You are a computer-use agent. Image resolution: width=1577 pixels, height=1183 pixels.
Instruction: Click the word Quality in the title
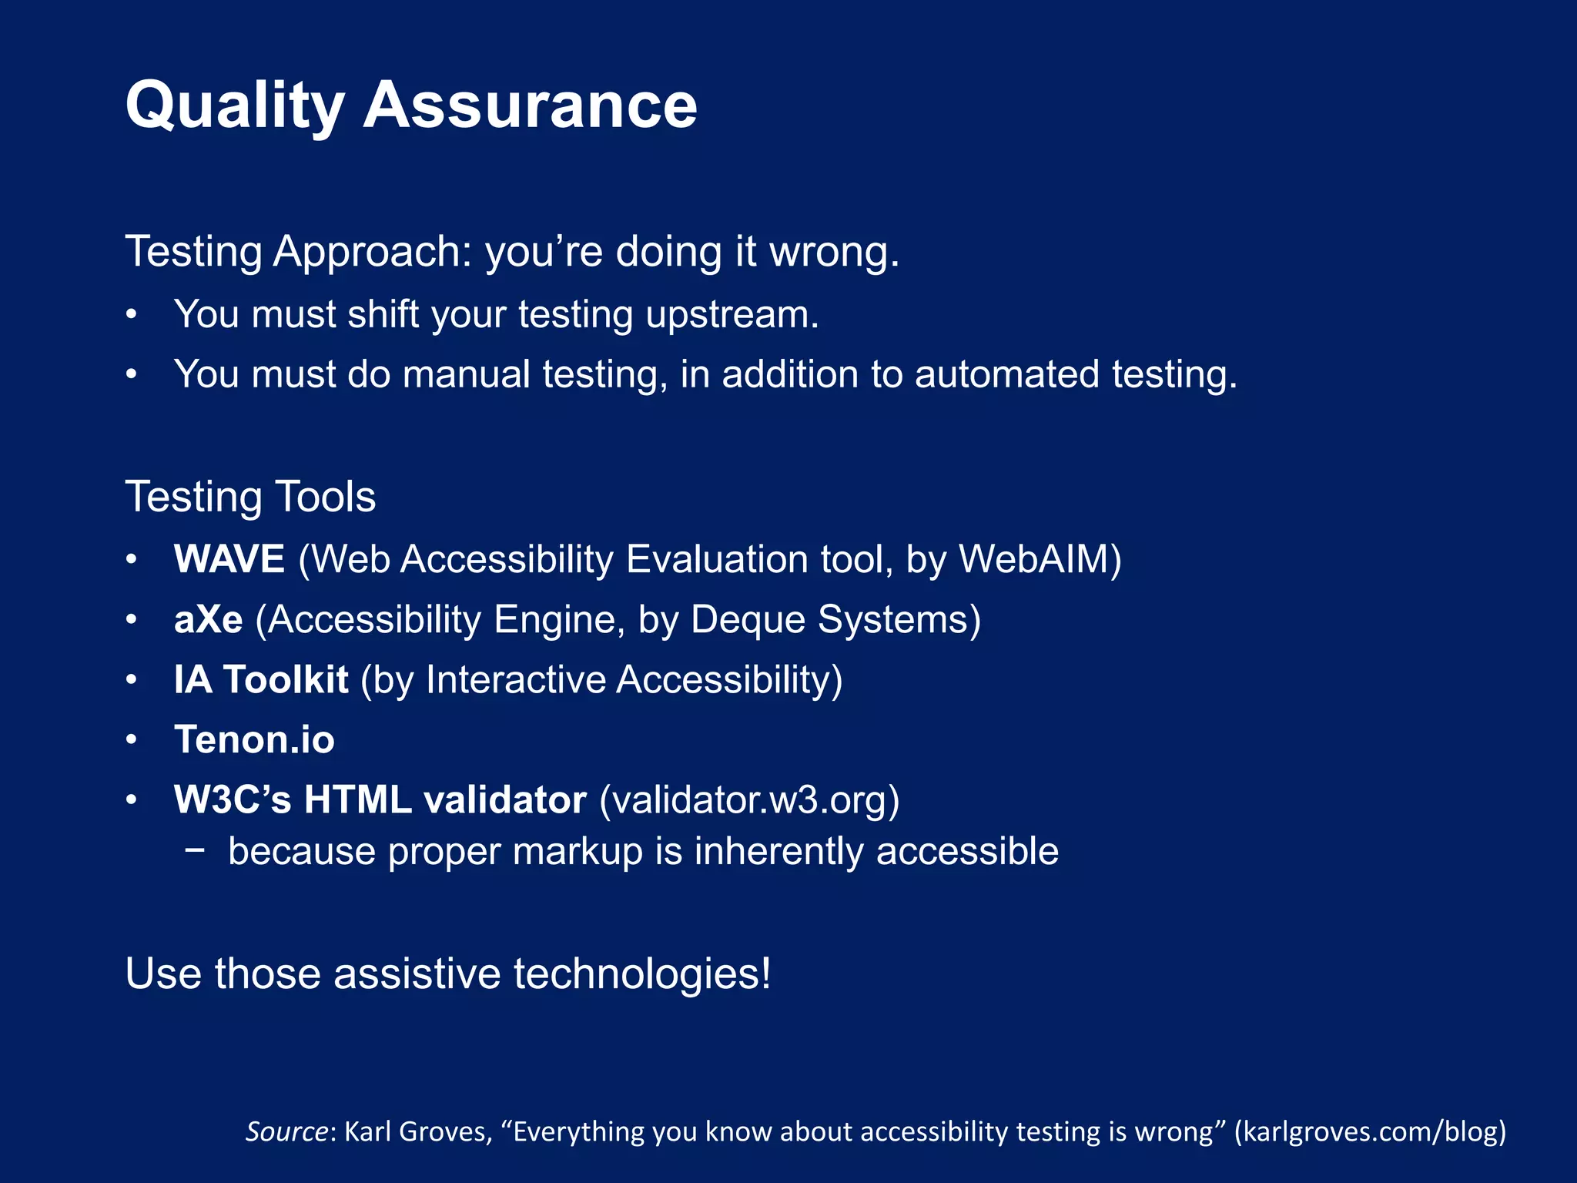235,106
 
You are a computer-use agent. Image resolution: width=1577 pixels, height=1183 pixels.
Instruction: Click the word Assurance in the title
530,106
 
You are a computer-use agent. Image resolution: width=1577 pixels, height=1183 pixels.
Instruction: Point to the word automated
1006,375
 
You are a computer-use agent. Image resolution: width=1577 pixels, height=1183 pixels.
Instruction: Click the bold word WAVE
229,559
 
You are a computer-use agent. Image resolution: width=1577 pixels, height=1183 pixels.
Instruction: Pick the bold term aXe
208,620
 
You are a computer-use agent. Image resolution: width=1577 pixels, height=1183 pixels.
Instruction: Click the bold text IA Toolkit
261,680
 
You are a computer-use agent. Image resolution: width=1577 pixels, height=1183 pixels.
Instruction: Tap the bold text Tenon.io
254,740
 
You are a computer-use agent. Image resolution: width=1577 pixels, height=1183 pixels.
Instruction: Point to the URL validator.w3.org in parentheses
749,800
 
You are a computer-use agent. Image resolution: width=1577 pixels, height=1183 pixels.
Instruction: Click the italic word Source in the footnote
287,1131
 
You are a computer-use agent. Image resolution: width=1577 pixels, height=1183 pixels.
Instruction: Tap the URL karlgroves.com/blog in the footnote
1370,1131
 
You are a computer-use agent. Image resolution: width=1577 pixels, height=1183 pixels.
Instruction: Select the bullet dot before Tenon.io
132,740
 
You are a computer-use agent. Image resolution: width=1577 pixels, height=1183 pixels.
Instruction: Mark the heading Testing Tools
250,497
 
